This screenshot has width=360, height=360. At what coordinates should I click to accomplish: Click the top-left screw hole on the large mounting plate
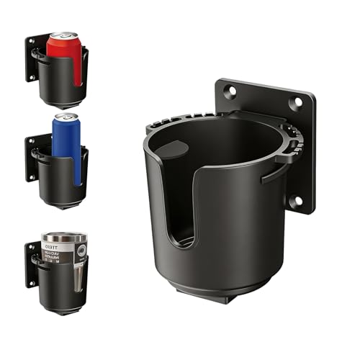pos(230,91)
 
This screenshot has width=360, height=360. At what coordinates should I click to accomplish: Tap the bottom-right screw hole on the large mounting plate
pos(295,200)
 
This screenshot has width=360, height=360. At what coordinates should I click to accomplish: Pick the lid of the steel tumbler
pos(63,237)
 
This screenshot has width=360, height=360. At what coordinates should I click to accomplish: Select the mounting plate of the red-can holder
pos(33,58)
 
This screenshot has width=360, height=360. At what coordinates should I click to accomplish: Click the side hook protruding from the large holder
pos(277,171)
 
